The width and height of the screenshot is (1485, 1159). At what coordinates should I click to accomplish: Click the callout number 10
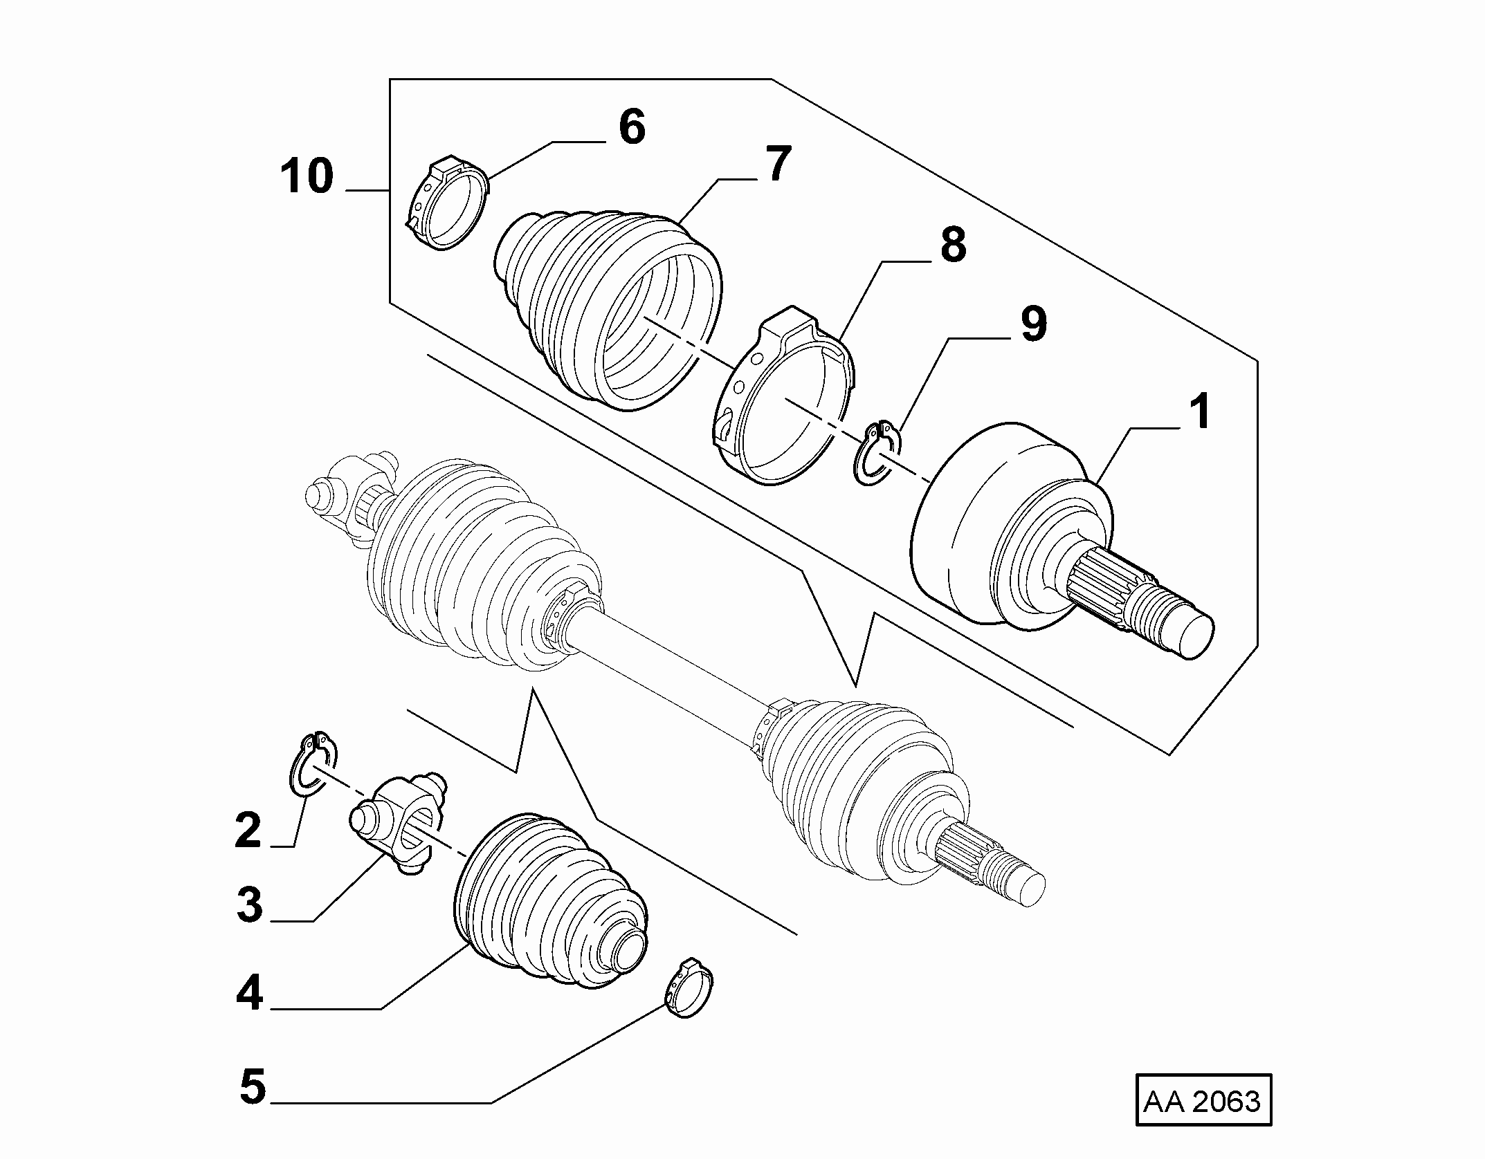(x=307, y=176)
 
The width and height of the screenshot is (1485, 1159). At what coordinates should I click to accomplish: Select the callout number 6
(x=631, y=127)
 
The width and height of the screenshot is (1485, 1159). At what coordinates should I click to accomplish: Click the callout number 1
(x=1199, y=411)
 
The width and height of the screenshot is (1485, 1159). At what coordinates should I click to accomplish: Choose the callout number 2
(x=248, y=831)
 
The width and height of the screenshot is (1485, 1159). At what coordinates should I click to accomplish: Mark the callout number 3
(x=250, y=906)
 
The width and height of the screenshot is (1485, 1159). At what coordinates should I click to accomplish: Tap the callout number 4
(x=250, y=994)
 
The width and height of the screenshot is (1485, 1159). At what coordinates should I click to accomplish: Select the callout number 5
(x=253, y=1086)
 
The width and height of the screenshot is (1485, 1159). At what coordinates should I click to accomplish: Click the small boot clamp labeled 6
(x=446, y=205)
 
